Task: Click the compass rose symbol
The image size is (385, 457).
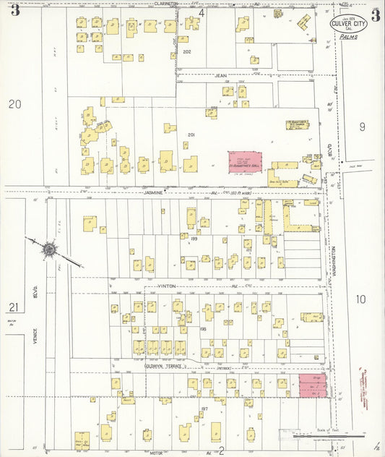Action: coord(49,249)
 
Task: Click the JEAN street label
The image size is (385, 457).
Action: coord(220,74)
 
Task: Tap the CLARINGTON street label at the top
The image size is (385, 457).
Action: coord(167,4)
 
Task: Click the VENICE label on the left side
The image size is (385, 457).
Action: coord(33,347)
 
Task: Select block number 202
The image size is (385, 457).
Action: coord(187,52)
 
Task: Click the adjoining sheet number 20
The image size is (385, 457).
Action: coord(14,104)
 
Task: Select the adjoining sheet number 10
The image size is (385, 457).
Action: coord(360,299)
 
